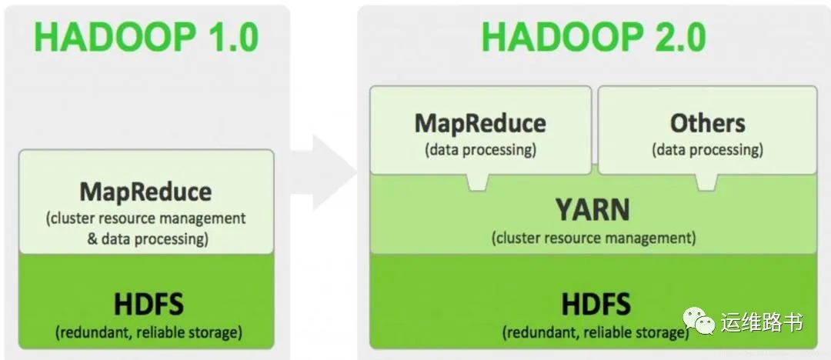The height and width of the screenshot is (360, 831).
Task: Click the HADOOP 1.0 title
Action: [146, 38]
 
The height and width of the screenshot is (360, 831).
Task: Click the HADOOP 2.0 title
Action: [593, 38]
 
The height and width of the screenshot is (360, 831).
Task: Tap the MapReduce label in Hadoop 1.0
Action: [145, 192]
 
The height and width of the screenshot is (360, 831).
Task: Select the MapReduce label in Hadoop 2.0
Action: [480, 123]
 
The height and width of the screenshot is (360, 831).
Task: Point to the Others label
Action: [707, 123]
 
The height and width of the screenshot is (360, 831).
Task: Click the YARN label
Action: [593, 209]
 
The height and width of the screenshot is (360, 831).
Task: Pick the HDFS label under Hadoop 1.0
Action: [149, 305]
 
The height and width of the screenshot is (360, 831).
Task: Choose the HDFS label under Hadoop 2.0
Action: [596, 304]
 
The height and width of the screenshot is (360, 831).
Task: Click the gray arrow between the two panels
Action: [323, 165]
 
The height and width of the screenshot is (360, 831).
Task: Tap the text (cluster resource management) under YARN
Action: [593, 238]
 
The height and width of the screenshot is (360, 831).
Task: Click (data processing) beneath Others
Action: [707, 149]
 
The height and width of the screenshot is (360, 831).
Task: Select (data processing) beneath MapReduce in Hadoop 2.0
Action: [480, 149]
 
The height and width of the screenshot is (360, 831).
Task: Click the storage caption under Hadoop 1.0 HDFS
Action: [149, 333]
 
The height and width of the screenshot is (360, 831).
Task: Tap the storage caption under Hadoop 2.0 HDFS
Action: [596, 333]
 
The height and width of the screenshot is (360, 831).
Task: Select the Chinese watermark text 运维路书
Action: [762, 322]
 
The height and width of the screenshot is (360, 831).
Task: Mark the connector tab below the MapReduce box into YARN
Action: [478, 182]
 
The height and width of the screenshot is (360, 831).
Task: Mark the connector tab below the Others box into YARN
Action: [706, 182]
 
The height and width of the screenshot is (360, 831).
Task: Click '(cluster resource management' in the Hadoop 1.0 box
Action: [146, 218]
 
